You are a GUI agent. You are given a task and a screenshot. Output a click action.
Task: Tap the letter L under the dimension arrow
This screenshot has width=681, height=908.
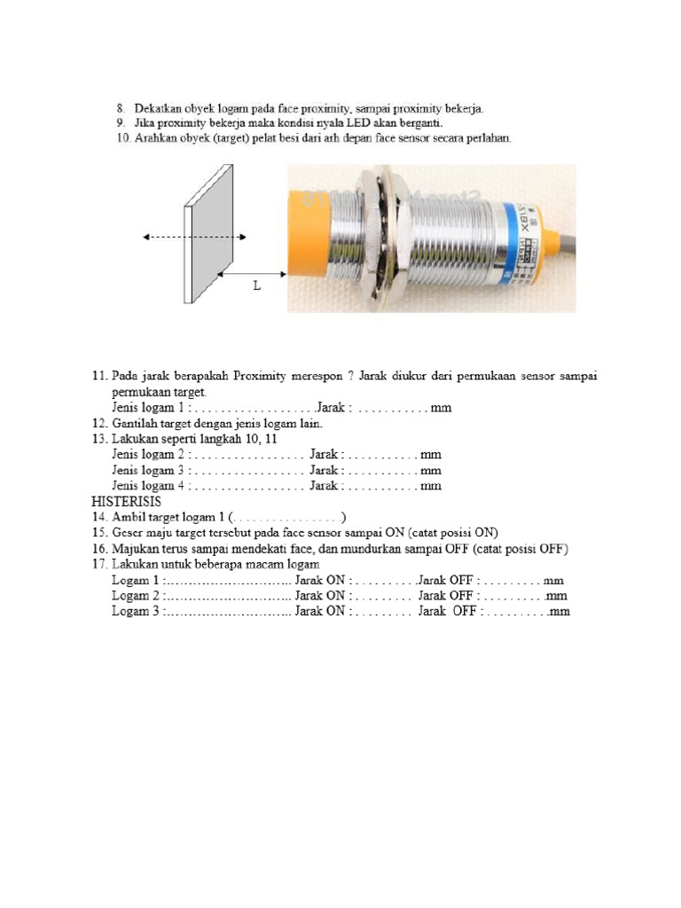tap(257, 287)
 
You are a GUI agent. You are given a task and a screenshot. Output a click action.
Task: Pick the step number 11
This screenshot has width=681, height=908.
tap(99, 377)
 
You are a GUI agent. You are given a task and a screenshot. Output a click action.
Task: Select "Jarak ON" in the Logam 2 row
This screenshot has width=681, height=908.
tap(321, 596)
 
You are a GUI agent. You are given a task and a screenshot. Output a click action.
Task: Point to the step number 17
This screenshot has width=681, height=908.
tap(99, 565)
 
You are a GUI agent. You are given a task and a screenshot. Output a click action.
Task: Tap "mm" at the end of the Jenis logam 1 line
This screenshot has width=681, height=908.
tap(441, 408)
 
